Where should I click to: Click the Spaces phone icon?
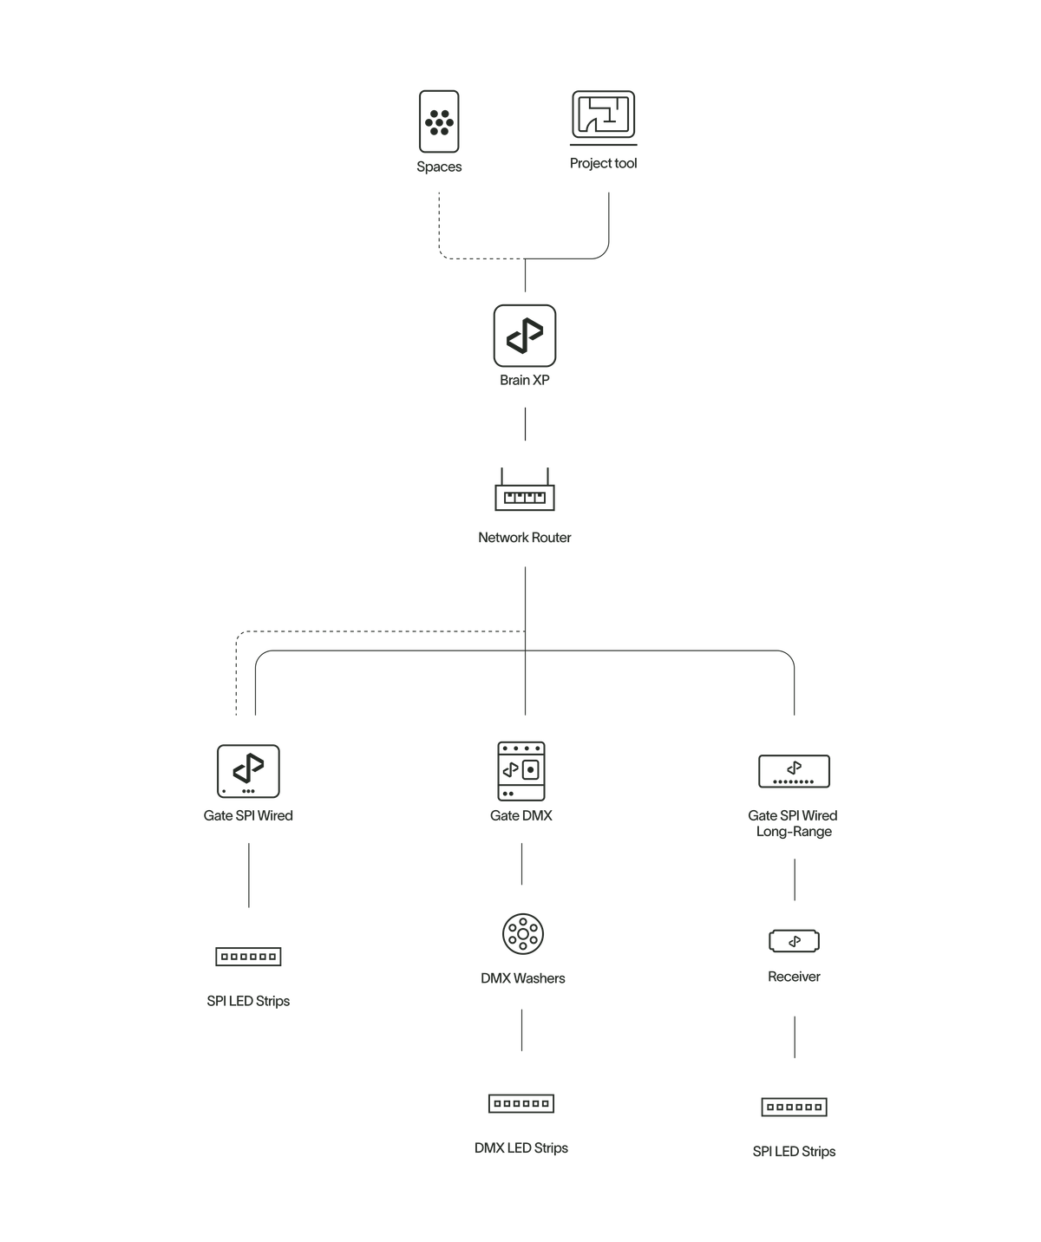tap(439, 121)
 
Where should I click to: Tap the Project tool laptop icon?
tap(603, 116)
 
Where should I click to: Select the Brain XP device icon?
tap(525, 335)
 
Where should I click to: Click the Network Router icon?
tap(525, 494)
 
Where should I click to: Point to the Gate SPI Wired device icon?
tap(248, 771)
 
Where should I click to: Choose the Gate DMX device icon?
tap(521, 771)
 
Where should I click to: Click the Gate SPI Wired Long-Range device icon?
tap(794, 771)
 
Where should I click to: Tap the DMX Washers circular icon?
tap(522, 933)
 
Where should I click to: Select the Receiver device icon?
tap(794, 941)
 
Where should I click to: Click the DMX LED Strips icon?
tap(521, 1103)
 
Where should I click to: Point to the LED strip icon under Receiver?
tap(794, 1107)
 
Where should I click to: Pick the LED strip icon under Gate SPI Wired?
tap(248, 956)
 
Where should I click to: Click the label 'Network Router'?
tap(524, 538)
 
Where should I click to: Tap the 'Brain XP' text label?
tap(525, 381)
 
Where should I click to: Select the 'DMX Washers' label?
tap(522, 978)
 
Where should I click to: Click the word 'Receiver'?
tap(794, 977)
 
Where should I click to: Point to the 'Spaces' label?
tap(439, 167)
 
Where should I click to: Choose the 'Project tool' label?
tap(603, 163)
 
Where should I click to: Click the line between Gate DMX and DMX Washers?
tap(521, 864)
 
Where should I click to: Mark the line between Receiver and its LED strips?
tap(794, 1037)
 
